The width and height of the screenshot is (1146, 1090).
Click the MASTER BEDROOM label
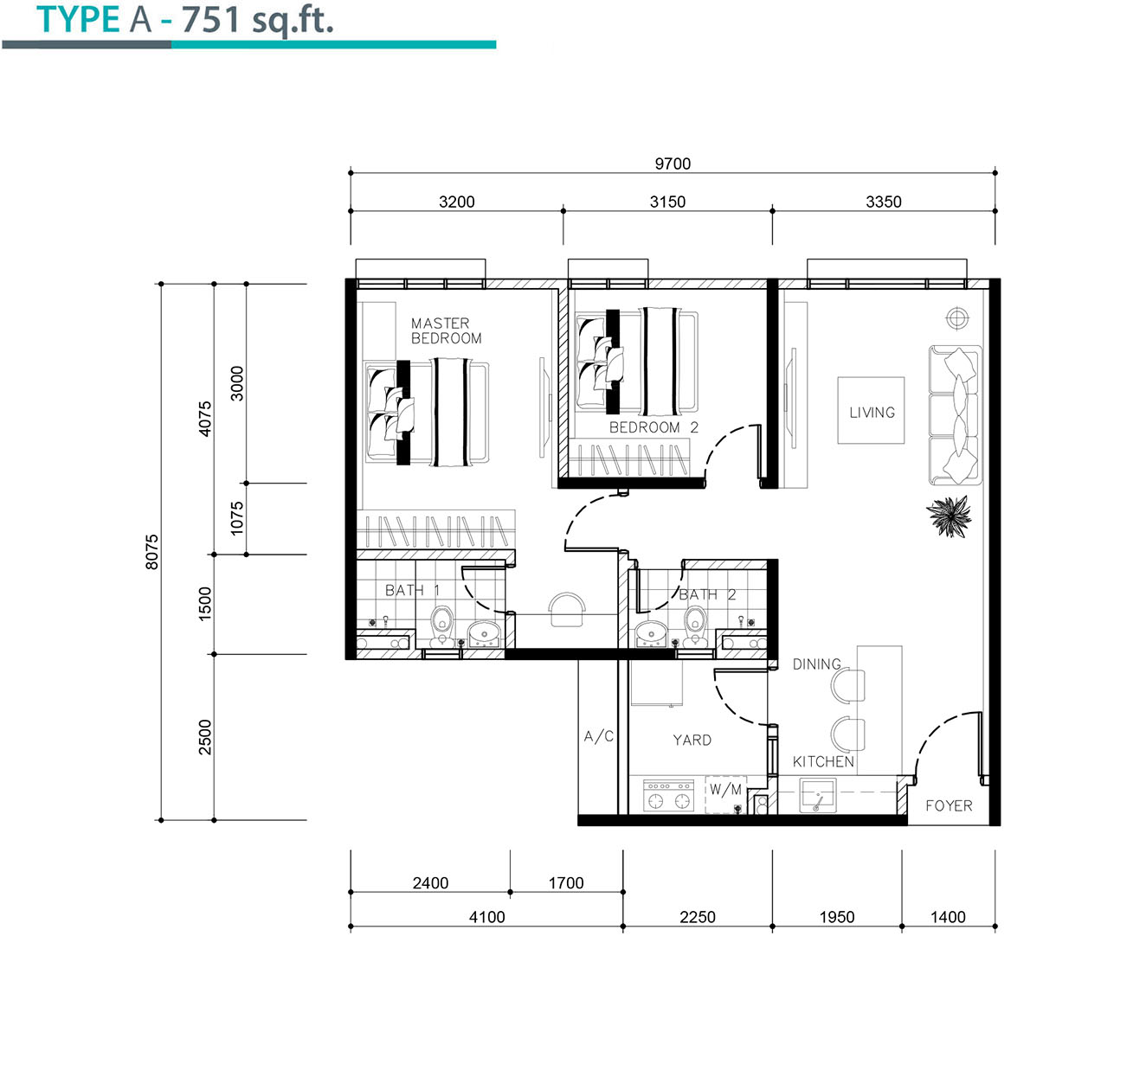point(446,330)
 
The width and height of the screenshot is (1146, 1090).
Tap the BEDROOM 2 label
point(653,427)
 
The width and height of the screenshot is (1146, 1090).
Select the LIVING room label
point(872,412)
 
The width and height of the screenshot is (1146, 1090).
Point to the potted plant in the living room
point(949,516)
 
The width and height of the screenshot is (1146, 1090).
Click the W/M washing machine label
point(725,790)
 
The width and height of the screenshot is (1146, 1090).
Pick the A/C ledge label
point(599,736)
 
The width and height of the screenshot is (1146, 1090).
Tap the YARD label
point(692,740)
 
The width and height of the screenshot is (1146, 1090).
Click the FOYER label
point(949,805)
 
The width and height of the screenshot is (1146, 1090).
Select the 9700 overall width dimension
point(672,163)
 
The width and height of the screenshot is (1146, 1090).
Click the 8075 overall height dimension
point(151,552)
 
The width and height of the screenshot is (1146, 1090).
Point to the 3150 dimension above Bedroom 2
point(667,202)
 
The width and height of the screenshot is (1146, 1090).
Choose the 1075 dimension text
point(236,518)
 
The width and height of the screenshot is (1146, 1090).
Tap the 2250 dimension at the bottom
point(697,917)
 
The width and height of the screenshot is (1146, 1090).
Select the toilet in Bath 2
point(695,625)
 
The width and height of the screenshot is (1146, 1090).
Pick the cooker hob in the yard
point(668,796)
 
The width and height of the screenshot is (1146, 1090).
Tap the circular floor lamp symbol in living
point(956,318)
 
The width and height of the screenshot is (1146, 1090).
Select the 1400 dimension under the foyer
point(948,917)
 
